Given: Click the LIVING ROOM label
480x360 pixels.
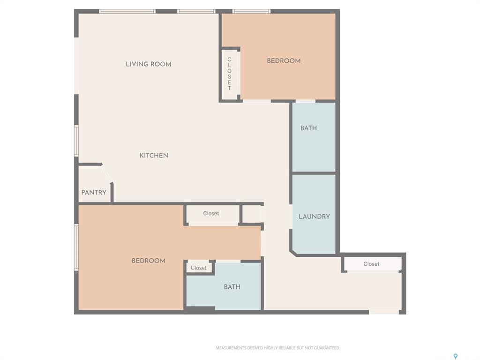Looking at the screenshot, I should [x=148, y=64].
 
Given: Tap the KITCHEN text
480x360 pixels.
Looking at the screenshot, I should [x=154, y=156].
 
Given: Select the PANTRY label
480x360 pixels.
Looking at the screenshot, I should [x=94, y=193].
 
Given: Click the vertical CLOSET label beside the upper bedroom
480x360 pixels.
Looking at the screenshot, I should [x=229, y=74].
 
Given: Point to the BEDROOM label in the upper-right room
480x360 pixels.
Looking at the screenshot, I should [x=284, y=61].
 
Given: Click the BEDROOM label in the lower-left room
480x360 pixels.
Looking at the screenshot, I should [x=148, y=261].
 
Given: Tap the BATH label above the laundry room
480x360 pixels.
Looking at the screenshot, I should [x=308, y=128].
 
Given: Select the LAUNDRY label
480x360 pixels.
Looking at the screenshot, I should [x=314, y=217].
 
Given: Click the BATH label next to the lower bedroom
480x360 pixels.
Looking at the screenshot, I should [x=232, y=287].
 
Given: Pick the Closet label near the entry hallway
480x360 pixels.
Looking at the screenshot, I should [x=371, y=264].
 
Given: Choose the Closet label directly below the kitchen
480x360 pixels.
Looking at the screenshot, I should [x=211, y=213].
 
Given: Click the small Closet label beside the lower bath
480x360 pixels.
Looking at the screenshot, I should [x=199, y=268].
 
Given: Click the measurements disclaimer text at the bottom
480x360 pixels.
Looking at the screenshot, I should [x=277, y=348].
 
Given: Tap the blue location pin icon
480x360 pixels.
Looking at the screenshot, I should [x=455, y=357].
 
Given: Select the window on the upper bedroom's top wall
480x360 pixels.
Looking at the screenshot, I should [x=251, y=11].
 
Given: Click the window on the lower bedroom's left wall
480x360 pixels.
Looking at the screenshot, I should [x=76, y=247].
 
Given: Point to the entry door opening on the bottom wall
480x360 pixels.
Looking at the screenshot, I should [x=384, y=312].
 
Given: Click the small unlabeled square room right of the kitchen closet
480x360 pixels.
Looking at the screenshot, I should [x=252, y=214].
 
